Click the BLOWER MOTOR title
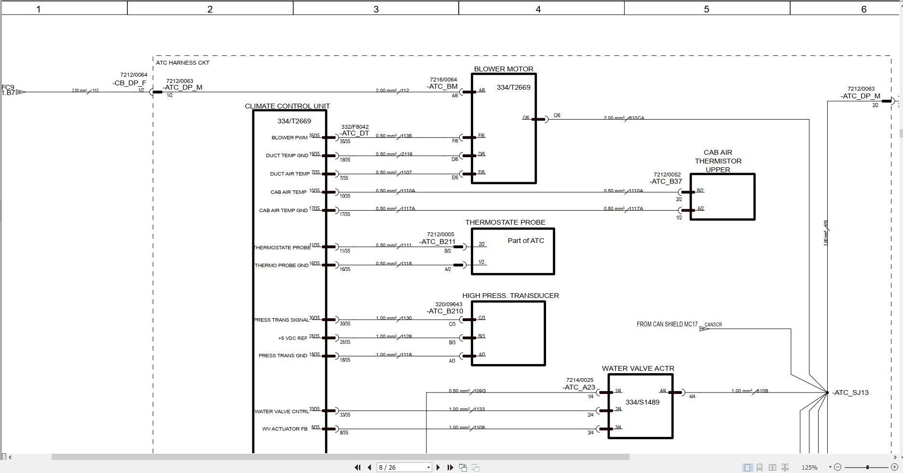[x=504, y=69]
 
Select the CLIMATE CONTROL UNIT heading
[x=287, y=106]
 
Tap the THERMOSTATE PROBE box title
[x=505, y=222]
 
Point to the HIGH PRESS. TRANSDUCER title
[x=510, y=296]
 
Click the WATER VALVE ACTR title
[x=638, y=368]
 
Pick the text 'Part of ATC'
[x=526, y=241]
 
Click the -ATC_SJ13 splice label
[x=851, y=392]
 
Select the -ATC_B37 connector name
[x=666, y=182]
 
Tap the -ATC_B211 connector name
[x=437, y=242]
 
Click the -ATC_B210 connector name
[x=445, y=311]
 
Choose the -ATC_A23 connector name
[x=579, y=387]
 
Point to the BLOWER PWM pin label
[x=289, y=138]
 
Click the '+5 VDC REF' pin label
[x=292, y=338]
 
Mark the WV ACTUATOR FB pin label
[x=285, y=429]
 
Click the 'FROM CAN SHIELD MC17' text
[x=667, y=324]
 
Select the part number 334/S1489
[x=642, y=402]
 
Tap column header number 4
[x=538, y=9]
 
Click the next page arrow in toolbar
[x=438, y=467]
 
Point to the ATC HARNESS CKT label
[x=183, y=63]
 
